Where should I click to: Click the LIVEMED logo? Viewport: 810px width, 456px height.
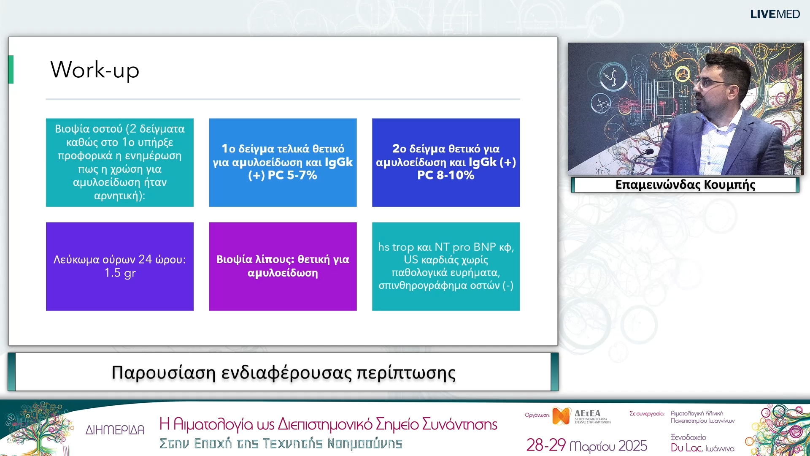(775, 14)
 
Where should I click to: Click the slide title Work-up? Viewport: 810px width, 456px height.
(95, 70)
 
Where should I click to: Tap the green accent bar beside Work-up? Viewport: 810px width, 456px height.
(11, 70)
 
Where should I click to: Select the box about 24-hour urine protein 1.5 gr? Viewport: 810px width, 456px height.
(120, 266)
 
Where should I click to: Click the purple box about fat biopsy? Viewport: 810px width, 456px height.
(283, 266)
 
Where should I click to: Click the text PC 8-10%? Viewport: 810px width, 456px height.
(446, 175)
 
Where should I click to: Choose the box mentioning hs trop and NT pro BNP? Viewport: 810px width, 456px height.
(446, 266)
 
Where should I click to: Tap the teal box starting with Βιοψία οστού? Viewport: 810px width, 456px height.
(120, 163)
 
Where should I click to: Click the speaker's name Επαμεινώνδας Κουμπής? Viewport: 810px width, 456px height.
(685, 185)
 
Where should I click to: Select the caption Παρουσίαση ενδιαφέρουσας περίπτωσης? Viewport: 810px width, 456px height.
(283, 373)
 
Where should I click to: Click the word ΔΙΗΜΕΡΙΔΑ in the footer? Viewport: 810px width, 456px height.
(115, 430)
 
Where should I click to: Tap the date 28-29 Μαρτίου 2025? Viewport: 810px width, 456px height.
(586, 445)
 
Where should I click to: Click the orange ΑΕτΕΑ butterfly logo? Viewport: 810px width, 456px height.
(561, 416)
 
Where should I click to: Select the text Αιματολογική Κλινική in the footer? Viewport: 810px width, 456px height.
(697, 413)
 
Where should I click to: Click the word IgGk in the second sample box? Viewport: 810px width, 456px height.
(483, 162)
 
